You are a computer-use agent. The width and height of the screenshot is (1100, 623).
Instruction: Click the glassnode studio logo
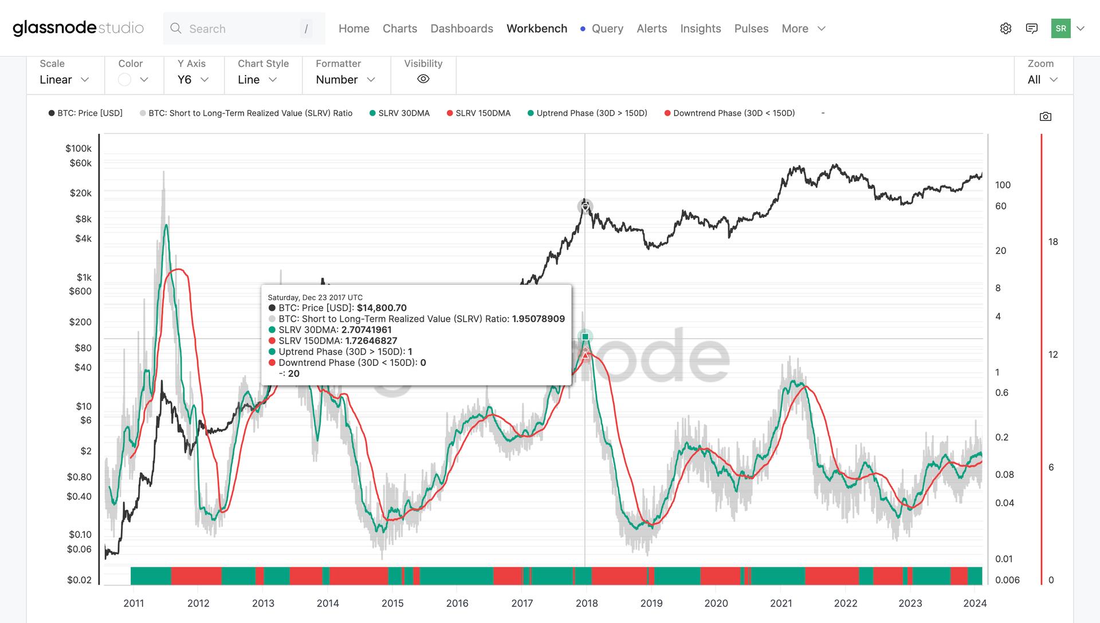pos(78,28)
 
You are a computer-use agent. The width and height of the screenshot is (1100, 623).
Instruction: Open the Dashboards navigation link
pos(461,29)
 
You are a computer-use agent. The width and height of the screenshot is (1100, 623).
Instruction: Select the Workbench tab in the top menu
pos(536,29)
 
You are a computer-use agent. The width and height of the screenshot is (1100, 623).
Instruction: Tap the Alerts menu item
pos(651,29)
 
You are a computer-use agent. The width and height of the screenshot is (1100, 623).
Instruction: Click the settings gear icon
pos(1005,29)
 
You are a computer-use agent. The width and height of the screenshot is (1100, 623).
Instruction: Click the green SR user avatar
pos(1060,29)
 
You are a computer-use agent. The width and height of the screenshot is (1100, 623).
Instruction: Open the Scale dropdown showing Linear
pos(64,80)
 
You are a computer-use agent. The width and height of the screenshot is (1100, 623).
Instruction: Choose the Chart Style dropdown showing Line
pos(257,80)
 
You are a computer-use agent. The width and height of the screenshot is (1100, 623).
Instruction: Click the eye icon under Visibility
pos(423,79)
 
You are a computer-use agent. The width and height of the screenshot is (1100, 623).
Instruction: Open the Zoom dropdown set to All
pos(1042,80)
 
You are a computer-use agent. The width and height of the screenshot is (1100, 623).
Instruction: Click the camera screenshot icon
pos(1045,117)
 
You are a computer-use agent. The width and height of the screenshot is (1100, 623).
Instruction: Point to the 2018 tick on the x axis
pos(586,603)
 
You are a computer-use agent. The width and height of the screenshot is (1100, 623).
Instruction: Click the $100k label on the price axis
pos(78,148)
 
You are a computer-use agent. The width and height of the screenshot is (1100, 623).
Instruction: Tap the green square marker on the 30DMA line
pos(585,337)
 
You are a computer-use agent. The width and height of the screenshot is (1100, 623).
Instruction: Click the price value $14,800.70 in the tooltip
pos(382,308)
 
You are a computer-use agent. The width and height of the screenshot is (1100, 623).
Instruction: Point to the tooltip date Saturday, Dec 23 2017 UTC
pos(315,297)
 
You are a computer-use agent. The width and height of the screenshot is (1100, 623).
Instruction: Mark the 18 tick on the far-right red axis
pos(1053,242)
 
